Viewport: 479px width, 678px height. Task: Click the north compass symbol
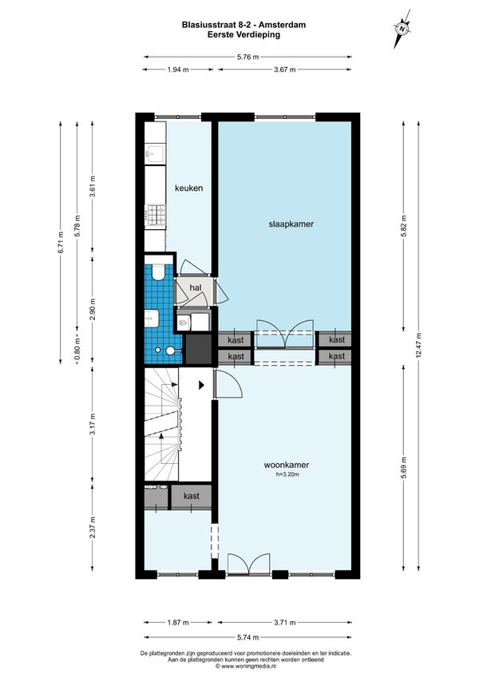402,29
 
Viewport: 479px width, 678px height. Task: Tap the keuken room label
189,188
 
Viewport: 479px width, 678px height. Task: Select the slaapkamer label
291,224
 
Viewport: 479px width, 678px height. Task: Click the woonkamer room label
286,466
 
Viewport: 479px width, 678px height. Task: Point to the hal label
196,287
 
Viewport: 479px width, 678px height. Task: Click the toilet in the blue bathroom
158,271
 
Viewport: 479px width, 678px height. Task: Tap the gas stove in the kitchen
155,215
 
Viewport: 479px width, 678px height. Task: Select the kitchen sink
155,153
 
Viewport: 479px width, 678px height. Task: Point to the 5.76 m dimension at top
247,57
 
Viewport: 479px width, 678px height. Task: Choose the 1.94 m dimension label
178,69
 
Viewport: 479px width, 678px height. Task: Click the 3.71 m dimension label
285,623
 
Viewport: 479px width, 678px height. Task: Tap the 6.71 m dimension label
61,242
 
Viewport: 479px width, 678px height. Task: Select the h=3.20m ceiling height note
287,474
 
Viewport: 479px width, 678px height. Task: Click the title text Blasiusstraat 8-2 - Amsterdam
243,25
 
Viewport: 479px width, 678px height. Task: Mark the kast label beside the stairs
191,496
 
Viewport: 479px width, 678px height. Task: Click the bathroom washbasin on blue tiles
152,319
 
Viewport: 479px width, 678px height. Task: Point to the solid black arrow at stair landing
201,385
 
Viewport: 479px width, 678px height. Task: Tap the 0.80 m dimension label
77,349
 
